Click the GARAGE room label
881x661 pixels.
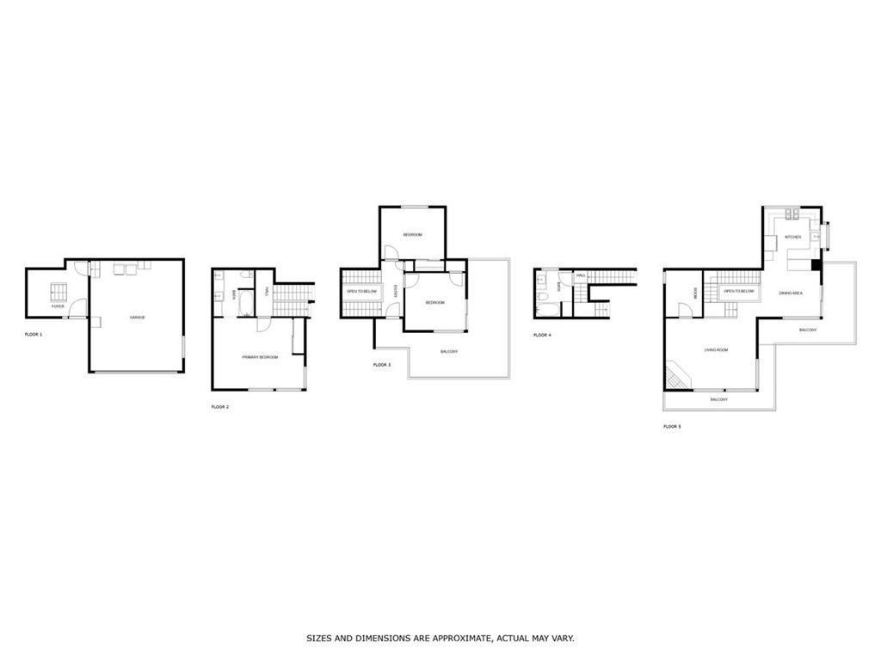pos(137,318)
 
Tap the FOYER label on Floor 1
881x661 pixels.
pos(58,306)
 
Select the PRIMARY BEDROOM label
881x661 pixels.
pos(259,356)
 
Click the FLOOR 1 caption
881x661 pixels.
pos(33,333)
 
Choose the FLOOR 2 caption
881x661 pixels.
pos(219,406)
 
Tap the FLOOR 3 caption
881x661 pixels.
pos(381,365)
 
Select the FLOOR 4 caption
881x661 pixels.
pos(541,335)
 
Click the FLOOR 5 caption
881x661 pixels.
pos(671,426)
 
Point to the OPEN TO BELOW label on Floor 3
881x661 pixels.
pos(361,292)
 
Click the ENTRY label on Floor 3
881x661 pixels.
pos(395,292)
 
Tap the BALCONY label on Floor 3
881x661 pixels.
pos(448,351)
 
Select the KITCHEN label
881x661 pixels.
pos(792,237)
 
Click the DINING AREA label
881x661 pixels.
pos(791,293)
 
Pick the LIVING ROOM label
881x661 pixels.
pos(716,349)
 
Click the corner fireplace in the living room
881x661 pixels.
pos(675,375)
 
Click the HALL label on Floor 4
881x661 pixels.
pos(581,275)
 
